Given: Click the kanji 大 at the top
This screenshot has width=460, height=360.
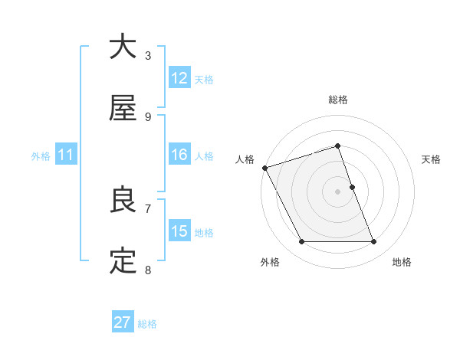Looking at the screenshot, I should point(123,47).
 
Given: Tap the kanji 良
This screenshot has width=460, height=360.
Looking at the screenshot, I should point(123,200).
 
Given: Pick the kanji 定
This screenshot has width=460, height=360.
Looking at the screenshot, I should point(123,261).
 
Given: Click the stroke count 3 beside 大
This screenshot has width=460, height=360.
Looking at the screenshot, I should point(148,55).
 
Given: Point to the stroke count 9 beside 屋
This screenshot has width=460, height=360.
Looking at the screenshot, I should point(148,116).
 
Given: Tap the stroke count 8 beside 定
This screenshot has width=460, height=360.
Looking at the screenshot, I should point(148,270).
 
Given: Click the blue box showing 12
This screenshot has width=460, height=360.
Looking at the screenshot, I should point(179,78).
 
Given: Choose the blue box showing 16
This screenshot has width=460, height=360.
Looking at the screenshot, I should point(179,155).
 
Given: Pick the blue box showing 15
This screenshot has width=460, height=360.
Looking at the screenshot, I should point(179,231).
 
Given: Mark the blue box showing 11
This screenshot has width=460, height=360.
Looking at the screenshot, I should point(66,155).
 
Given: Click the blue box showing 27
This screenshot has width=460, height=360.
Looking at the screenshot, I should point(123,322).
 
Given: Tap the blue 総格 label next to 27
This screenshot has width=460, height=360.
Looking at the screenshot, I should point(147,324).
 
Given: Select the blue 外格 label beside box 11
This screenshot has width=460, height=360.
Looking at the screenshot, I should point(41,155).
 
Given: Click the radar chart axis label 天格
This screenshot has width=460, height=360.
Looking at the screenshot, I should point(431,159).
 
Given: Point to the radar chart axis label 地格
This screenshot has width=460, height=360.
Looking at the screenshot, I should point(402,262).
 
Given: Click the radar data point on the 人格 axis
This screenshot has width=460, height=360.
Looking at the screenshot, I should point(264,168).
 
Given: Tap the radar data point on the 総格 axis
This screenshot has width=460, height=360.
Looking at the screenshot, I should point(337,146).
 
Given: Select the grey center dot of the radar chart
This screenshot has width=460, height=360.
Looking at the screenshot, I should point(337,191).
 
